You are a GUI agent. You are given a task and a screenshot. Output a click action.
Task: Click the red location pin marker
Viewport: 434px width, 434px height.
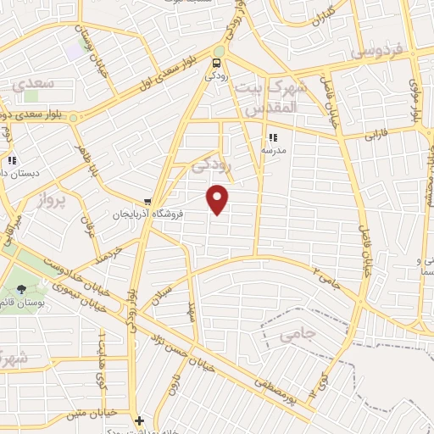(219, 199)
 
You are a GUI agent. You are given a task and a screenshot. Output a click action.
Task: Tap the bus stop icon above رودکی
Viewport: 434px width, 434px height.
(218, 62)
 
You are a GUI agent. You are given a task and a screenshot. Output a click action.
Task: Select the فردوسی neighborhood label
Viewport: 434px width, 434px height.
(374, 53)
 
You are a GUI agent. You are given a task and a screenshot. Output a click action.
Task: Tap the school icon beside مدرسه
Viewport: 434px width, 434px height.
(273, 136)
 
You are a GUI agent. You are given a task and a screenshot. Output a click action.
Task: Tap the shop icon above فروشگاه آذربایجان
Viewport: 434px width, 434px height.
(148, 202)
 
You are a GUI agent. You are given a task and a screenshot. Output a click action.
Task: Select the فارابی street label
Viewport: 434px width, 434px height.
(375, 134)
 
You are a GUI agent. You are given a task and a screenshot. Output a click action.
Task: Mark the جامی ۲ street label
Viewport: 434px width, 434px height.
(325, 276)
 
